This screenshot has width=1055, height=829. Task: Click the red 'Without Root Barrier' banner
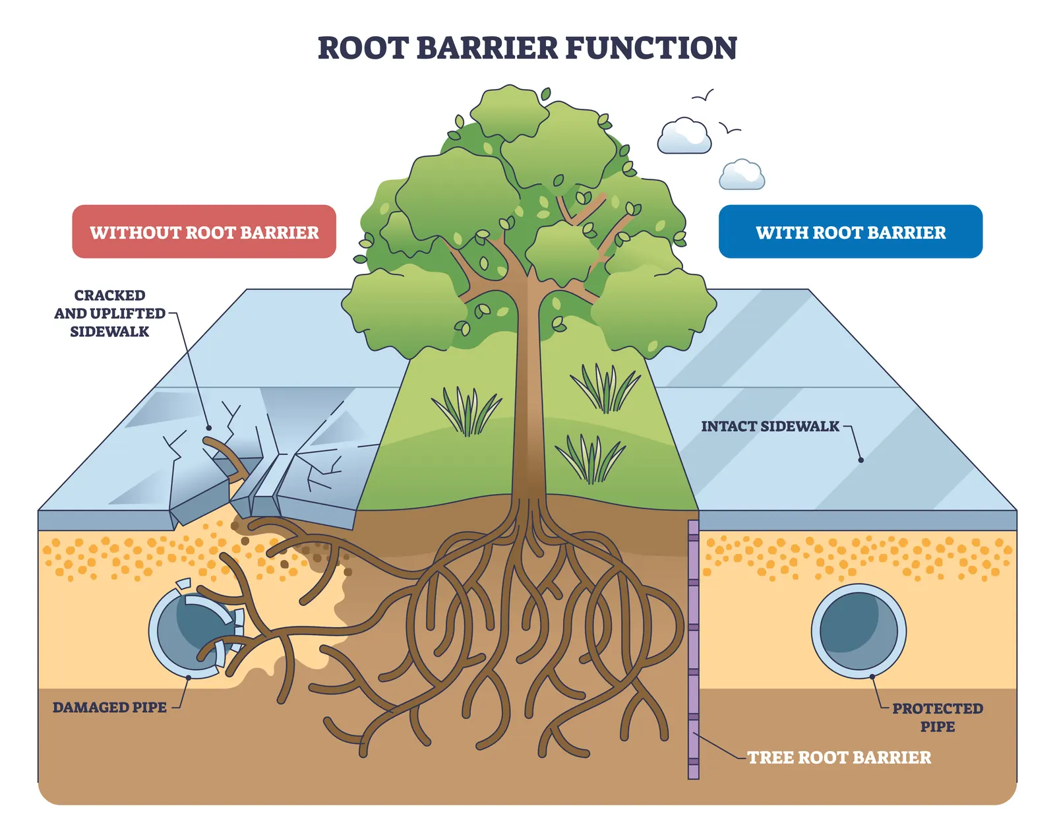click(x=204, y=231)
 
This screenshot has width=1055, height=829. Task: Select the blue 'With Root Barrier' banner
click(x=851, y=231)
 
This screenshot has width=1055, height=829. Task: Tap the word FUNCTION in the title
click(x=651, y=48)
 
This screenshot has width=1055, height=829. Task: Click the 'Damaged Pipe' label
click(x=109, y=707)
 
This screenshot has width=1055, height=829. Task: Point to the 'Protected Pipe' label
click(x=938, y=718)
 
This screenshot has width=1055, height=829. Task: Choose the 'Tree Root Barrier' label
click(x=839, y=757)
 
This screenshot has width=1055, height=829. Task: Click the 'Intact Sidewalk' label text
click(x=770, y=426)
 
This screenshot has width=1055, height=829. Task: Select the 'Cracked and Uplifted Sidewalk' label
click(x=109, y=313)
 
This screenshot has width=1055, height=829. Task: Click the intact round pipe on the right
click(x=859, y=631)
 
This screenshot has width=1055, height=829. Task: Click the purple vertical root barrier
click(x=693, y=650)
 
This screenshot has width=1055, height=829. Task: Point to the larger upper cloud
click(x=684, y=136)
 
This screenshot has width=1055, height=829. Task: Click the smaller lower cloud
click(x=741, y=175)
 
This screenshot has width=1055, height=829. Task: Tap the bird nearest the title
click(x=704, y=96)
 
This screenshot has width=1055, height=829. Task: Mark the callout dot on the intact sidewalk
click(x=860, y=460)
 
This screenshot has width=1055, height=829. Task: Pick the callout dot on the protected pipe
click(x=872, y=677)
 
